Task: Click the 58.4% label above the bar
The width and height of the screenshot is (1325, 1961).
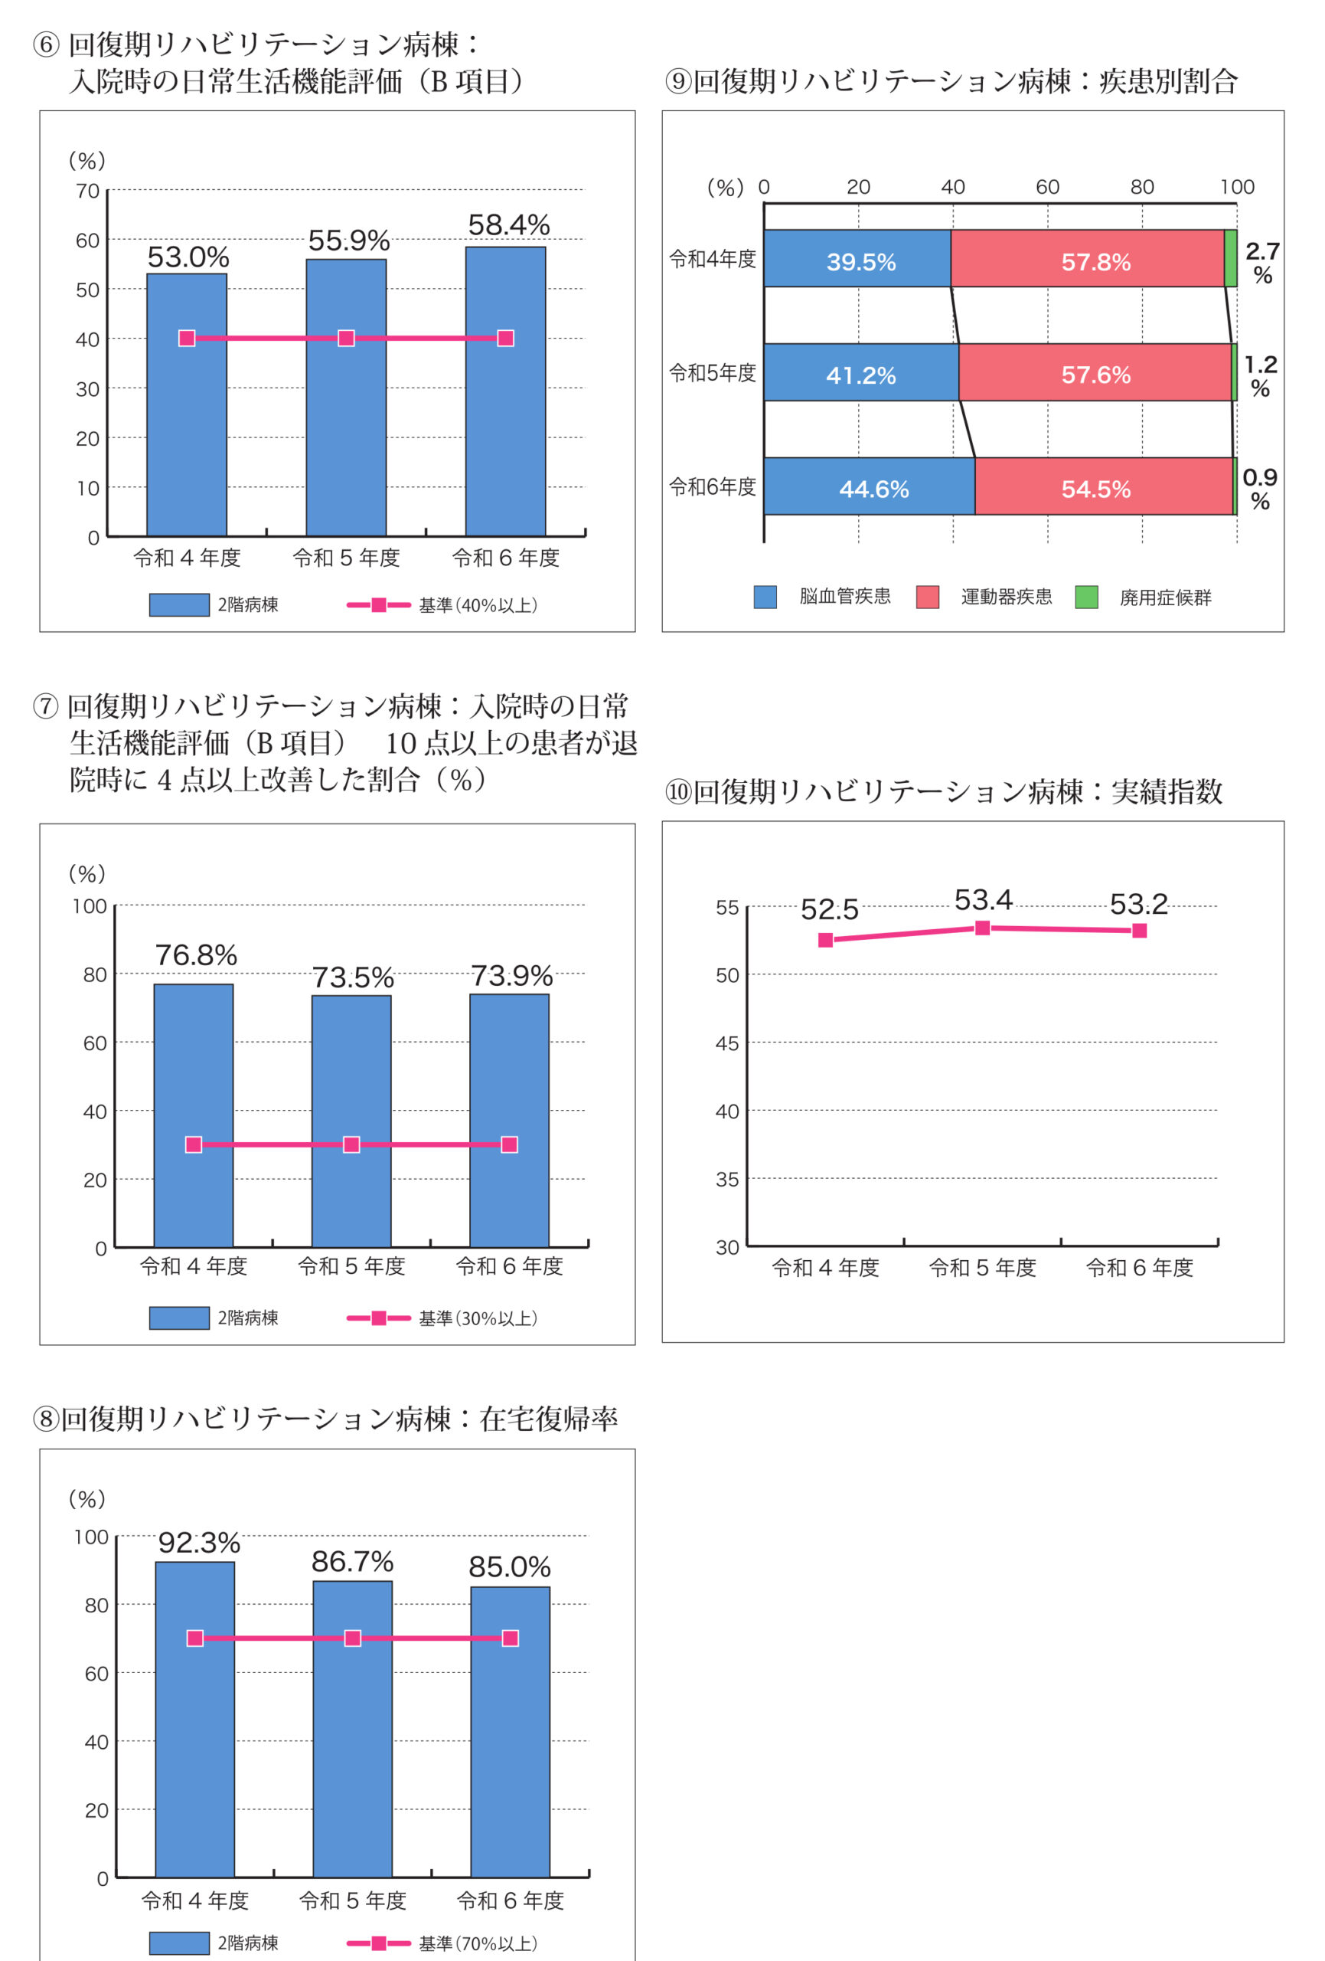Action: coord(508,225)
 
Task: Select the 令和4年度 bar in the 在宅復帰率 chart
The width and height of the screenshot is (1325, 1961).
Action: coord(195,1721)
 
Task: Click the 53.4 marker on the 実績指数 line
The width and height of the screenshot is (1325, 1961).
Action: coord(983,928)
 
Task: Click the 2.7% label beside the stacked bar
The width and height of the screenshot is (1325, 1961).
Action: coord(1261,263)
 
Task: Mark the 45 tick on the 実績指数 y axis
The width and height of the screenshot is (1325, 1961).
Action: coord(727,1044)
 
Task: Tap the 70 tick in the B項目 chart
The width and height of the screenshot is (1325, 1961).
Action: coord(88,192)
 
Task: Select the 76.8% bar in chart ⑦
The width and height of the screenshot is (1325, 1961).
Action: coord(193,1115)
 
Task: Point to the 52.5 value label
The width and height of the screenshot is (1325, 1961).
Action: coord(829,909)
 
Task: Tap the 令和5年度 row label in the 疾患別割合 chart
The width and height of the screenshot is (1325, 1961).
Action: coord(713,373)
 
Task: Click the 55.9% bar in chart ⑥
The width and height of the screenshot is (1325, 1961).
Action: coord(346,397)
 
